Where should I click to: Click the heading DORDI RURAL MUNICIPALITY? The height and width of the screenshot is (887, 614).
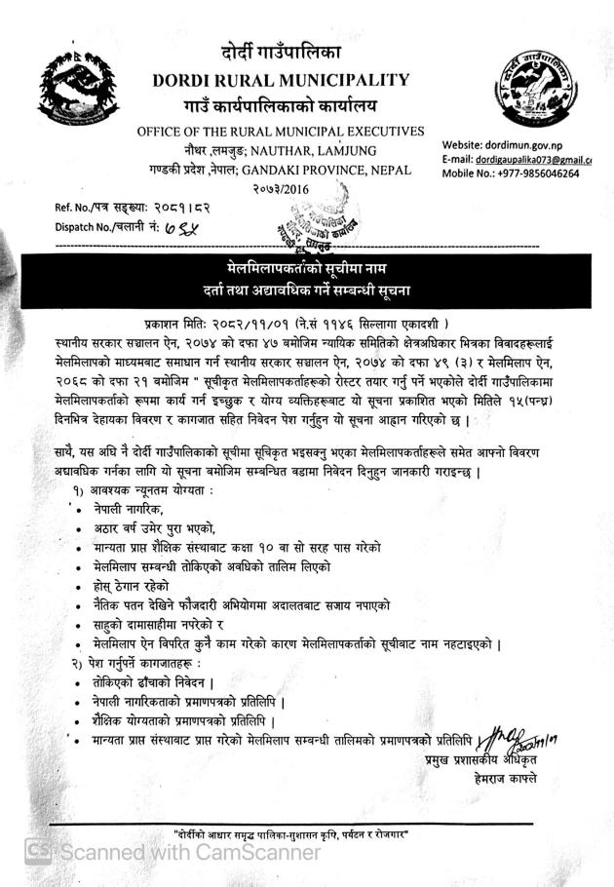coord(281,79)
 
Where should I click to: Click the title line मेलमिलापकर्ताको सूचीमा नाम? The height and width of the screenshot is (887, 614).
coord(307,266)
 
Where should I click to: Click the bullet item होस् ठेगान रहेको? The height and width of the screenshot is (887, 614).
coord(132,586)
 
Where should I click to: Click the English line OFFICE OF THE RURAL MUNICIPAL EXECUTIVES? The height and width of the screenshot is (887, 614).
coord(280,132)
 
